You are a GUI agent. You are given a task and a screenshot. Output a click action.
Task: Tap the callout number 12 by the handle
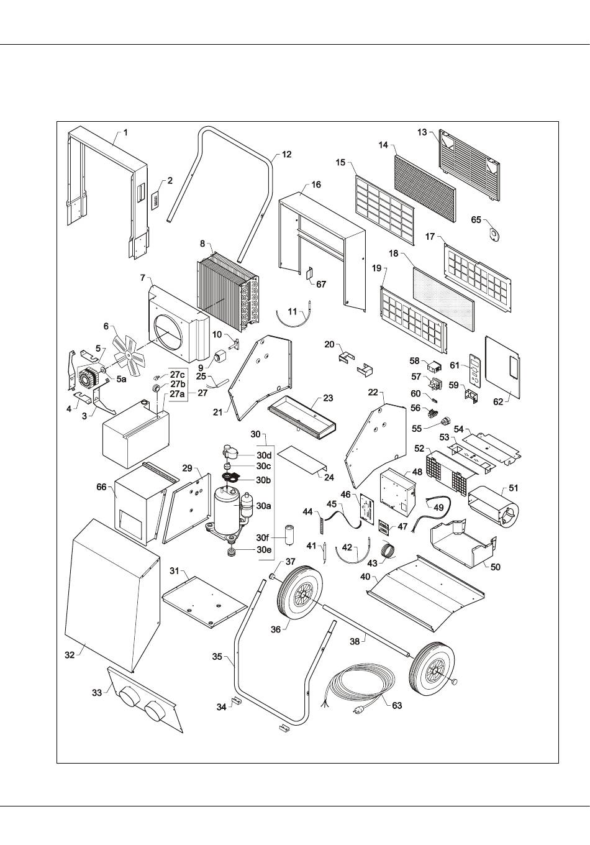pyautogui.click(x=286, y=154)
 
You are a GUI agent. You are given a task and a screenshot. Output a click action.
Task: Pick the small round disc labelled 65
pyautogui.click(x=496, y=233)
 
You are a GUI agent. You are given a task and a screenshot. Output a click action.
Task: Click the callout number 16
pyautogui.click(x=316, y=185)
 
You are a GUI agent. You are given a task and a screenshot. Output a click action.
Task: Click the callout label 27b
pyautogui.click(x=178, y=384)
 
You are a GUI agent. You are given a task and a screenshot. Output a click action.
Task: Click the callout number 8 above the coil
pyautogui.click(x=202, y=244)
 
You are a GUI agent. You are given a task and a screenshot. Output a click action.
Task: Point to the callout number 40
pyautogui.click(x=365, y=577)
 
